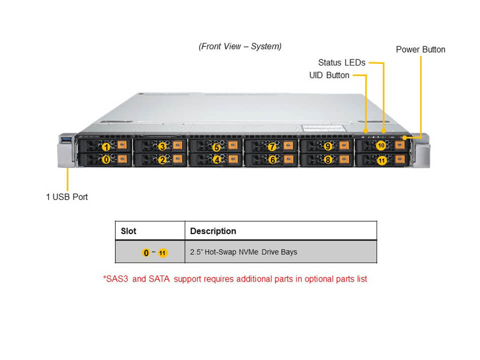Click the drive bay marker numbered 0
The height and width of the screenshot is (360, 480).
106,160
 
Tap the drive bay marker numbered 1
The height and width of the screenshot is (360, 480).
106,147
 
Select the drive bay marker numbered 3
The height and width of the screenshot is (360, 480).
162,147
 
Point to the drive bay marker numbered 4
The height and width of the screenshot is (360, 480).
216,160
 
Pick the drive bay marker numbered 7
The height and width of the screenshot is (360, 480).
271,147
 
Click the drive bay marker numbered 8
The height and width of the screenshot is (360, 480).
327,160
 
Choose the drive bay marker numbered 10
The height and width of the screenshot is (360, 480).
381,145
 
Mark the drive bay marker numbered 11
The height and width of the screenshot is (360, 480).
381,160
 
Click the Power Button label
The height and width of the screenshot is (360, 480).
420,49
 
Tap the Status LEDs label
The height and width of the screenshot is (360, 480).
341,62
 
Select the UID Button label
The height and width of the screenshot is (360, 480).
329,75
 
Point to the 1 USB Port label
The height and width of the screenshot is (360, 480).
66,197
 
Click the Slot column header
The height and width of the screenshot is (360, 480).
128,231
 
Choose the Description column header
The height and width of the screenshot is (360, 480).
213,231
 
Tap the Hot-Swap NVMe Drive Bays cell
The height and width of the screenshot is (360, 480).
243,252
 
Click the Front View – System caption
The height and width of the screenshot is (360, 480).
240,46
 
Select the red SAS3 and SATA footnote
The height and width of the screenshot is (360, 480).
235,279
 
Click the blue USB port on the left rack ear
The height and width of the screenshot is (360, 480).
67,138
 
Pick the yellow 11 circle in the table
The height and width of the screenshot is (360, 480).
162,253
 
